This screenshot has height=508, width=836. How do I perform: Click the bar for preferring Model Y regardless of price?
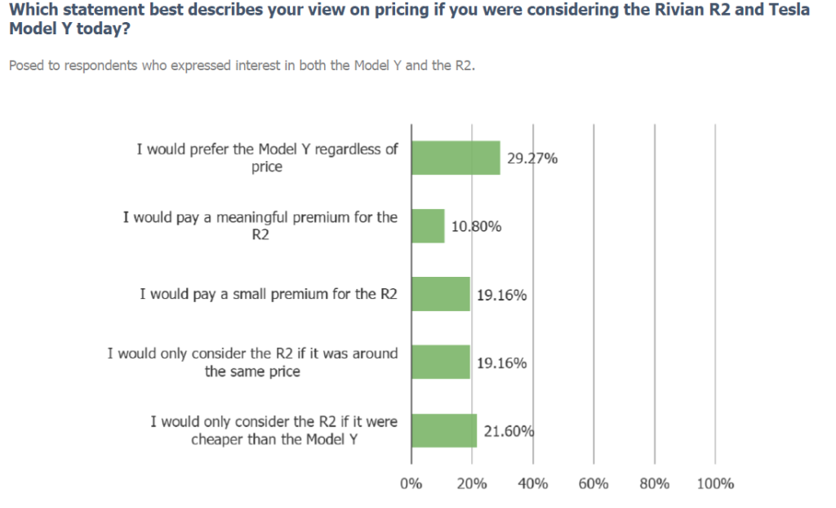pyautogui.click(x=456, y=158)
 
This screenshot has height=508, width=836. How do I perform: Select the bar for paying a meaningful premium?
pyautogui.click(x=428, y=226)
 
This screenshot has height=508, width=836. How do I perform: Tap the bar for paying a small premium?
pyautogui.click(x=441, y=294)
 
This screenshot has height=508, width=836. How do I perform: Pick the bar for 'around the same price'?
pyautogui.click(x=441, y=362)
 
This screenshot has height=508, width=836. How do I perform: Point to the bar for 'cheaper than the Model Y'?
pyautogui.click(x=444, y=430)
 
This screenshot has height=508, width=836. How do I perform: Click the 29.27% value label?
pyautogui.click(x=532, y=158)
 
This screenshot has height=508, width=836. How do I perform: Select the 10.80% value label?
pyautogui.click(x=476, y=226)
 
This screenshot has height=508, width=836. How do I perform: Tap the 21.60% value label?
pyautogui.click(x=509, y=431)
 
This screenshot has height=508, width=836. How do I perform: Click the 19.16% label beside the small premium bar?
pyautogui.click(x=501, y=295)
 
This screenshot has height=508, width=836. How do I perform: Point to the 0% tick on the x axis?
pyautogui.click(x=411, y=483)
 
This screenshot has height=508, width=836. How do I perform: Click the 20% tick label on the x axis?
pyautogui.click(x=472, y=483)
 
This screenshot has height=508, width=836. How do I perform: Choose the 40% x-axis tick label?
pyautogui.click(x=533, y=483)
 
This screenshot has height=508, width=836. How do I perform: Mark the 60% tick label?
pyautogui.click(x=594, y=483)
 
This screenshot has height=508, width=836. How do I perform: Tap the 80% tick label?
pyautogui.click(x=655, y=483)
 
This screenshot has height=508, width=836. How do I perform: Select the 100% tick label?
pyautogui.click(x=716, y=483)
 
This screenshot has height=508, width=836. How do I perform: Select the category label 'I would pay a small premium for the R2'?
pyautogui.click(x=269, y=294)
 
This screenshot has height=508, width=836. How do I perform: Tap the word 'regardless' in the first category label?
pyautogui.click(x=345, y=149)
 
